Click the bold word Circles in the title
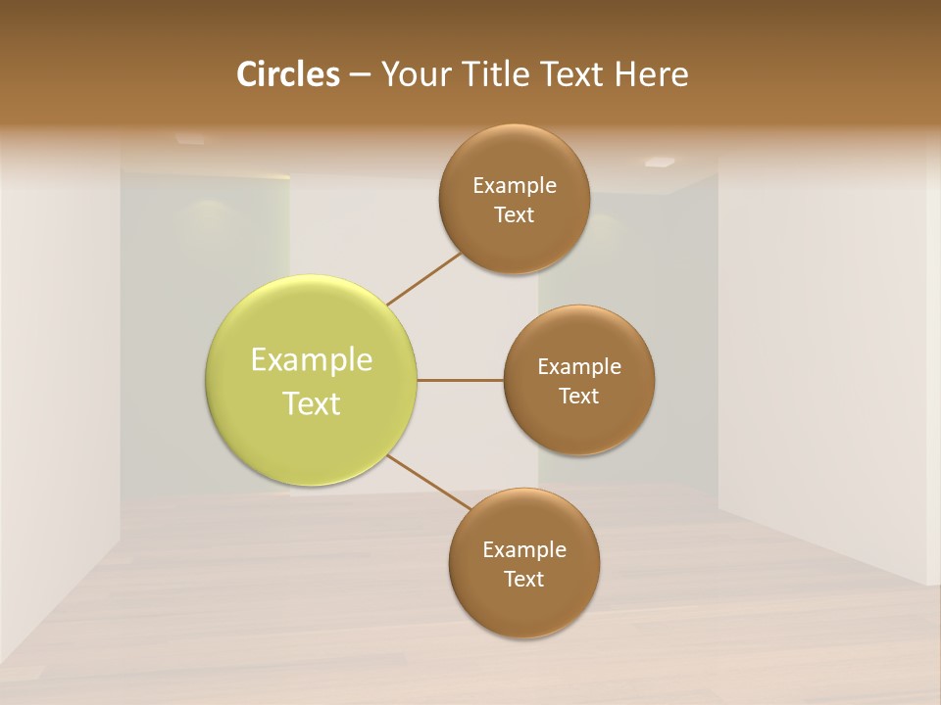coord(288,74)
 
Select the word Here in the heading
coord(652,74)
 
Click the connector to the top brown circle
coord(424,278)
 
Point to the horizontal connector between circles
coord(460,380)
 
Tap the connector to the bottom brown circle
coord(429,483)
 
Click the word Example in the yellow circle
coord(312,360)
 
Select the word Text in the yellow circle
coord(312,403)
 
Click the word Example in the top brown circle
coord(515,186)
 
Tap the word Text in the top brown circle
coord(514,215)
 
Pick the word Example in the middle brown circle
coord(579,367)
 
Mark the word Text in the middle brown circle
coord(578,397)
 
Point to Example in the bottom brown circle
coord(524,550)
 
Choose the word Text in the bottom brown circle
coord(523,580)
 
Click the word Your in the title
coord(415,74)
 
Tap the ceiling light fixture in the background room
coord(659,162)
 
